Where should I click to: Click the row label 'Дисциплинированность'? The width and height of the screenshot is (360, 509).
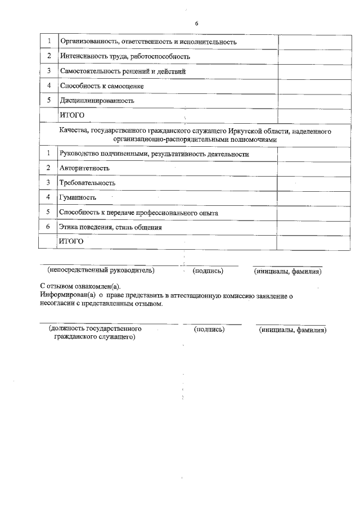(97, 101)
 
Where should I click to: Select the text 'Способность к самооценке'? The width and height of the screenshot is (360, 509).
(102, 86)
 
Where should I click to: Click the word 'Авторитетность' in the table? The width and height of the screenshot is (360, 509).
(84, 168)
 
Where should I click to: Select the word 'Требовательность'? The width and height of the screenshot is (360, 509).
(88, 183)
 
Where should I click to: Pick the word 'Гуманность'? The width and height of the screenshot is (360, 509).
(78, 198)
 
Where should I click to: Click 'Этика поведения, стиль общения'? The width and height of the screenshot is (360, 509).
(111, 228)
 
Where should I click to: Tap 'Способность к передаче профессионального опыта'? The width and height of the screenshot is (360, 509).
(139, 213)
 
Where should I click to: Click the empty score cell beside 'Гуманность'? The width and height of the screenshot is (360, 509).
(304, 198)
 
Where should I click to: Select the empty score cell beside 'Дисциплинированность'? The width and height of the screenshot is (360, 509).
(304, 101)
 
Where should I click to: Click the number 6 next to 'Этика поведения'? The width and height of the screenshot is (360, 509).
(48, 227)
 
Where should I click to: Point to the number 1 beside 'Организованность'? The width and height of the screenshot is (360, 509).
(48, 41)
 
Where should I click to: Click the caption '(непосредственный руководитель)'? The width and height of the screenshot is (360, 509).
(101, 271)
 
